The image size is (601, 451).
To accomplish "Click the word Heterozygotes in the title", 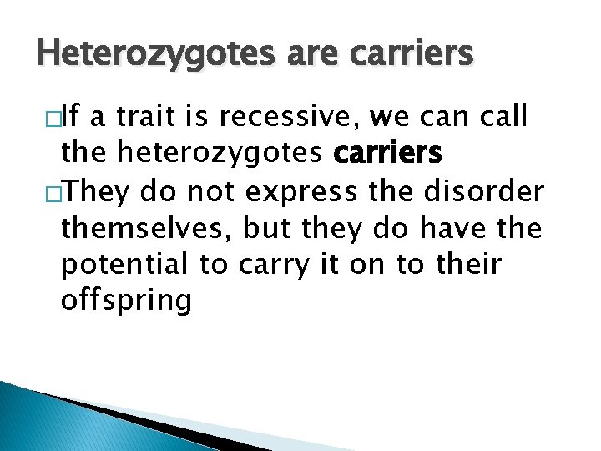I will coord(141,53).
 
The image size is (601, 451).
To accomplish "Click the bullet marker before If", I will coord(42,119).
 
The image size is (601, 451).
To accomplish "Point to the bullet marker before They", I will coord(42,192).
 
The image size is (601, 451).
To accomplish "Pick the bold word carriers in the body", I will coord(389,154).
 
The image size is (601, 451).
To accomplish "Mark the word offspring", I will coord(126,301).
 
